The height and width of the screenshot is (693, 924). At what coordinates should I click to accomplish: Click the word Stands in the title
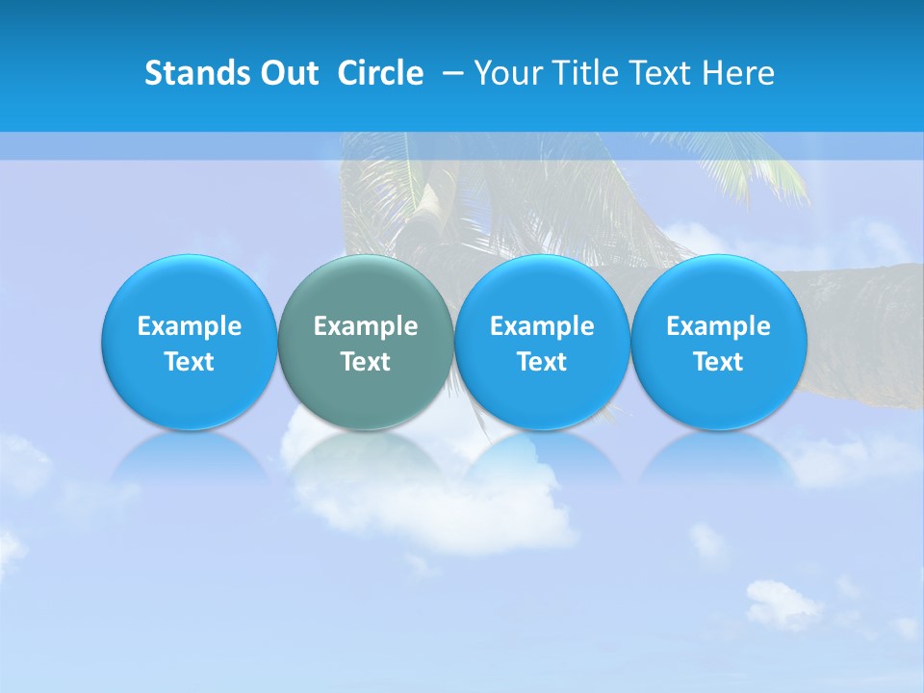pyautogui.click(x=197, y=73)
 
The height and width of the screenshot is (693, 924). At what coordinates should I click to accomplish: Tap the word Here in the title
pyautogui.click(x=737, y=73)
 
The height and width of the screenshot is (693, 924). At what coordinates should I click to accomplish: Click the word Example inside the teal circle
pyautogui.click(x=366, y=326)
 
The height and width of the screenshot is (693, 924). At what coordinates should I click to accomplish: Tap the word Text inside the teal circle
pyautogui.click(x=366, y=362)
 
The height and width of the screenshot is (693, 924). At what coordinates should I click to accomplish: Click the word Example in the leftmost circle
pyautogui.click(x=189, y=326)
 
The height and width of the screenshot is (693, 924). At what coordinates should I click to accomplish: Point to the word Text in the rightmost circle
pyautogui.click(x=719, y=362)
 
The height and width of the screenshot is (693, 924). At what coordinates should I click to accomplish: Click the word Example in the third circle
pyautogui.click(x=542, y=326)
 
